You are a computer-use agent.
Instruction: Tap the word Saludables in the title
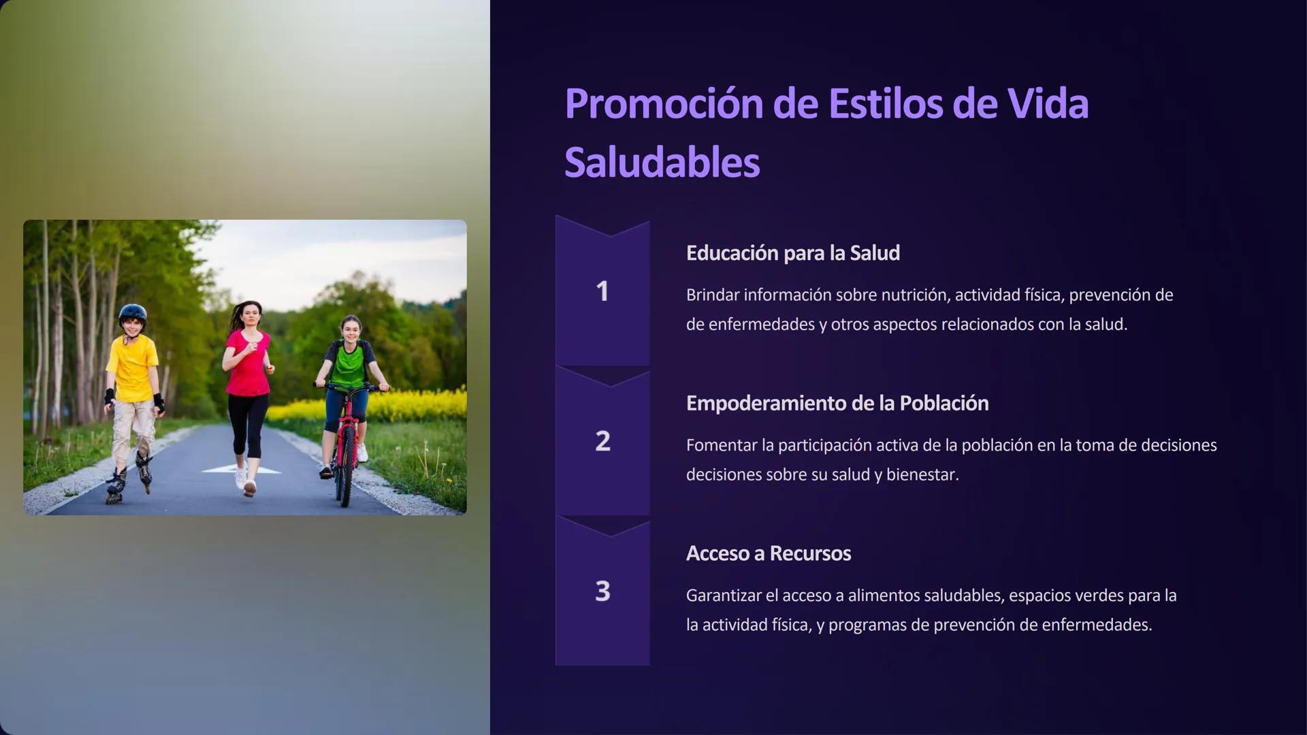pos(662,163)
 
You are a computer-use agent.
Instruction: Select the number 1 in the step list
pos(602,292)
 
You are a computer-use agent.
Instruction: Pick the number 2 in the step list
pos(602,442)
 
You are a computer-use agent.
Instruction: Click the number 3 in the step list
pos(602,591)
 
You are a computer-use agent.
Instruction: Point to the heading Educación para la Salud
pos(792,253)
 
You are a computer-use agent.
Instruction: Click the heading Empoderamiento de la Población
pos(837,404)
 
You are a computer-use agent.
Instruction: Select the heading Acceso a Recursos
pos(768,554)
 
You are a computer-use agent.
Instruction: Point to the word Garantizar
pos(724,596)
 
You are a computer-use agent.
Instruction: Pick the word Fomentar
pos(721,446)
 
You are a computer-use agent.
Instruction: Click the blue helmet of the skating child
pos(133,313)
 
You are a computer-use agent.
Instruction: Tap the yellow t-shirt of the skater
pos(133,368)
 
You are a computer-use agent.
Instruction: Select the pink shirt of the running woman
pos(248,363)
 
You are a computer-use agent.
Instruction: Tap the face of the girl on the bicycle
pos(351,331)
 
